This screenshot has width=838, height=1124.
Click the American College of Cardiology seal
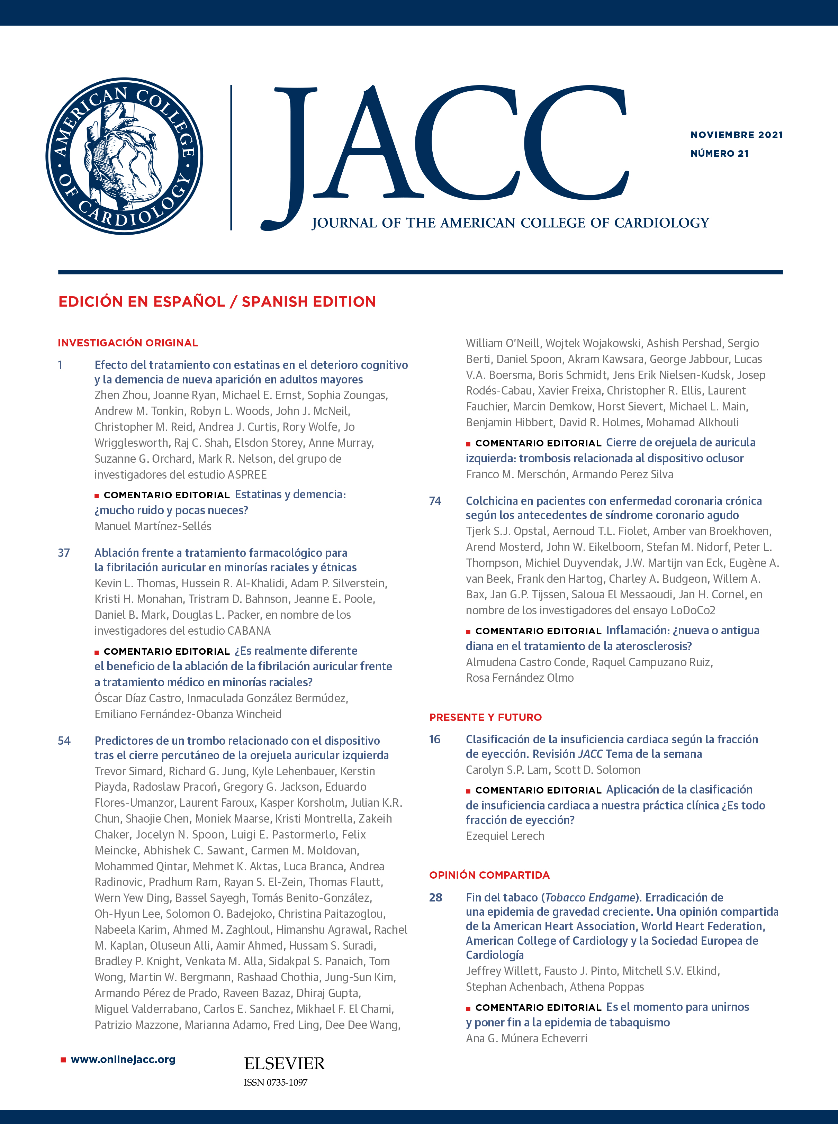(124, 156)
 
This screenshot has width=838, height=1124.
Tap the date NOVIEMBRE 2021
(736, 135)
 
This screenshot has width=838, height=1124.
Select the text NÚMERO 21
(719, 154)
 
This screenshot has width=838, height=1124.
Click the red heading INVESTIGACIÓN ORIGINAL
(128, 343)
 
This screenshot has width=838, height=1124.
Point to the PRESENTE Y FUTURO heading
(485, 717)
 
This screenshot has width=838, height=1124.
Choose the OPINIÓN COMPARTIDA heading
(489, 875)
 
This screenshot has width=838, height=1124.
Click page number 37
(64, 553)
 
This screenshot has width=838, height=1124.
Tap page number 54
(64, 741)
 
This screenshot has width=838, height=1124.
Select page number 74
(435, 501)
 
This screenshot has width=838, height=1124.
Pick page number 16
(435, 740)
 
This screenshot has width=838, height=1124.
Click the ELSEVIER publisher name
(284, 1064)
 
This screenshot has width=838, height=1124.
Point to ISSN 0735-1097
(276, 1082)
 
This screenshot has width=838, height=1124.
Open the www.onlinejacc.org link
(123, 1060)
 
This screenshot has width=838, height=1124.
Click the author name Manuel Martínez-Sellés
(153, 526)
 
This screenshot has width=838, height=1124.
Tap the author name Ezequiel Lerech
(505, 836)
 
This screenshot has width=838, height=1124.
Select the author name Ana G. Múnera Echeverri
(526, 1038)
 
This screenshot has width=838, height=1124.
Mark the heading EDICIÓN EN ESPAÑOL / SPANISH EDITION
(217, 302)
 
